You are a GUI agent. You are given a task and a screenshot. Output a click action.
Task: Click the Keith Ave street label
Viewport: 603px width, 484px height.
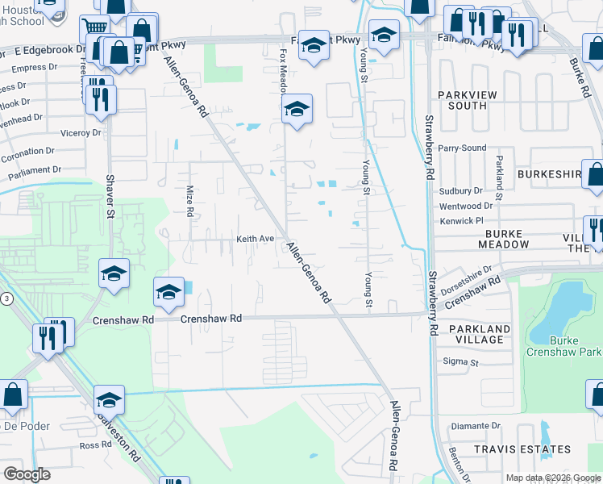[x=255, y=239]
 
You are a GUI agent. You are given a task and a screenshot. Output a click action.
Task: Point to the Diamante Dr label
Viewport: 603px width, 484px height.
[x=476, y=426]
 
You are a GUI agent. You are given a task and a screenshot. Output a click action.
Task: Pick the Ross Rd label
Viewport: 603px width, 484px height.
[x=95, y=445]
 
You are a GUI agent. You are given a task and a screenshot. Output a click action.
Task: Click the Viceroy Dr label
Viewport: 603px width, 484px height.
[x=81, y=131]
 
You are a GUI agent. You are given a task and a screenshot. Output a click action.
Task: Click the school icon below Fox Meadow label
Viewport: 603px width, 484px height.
[x=297, y=109]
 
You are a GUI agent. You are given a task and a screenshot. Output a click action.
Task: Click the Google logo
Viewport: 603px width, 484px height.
[x=27, y=474]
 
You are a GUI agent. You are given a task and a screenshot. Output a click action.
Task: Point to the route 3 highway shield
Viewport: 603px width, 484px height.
[x=6, y=298]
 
